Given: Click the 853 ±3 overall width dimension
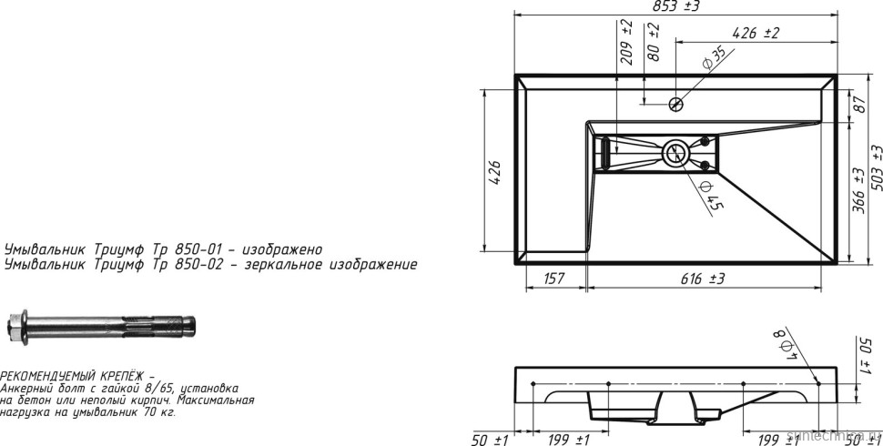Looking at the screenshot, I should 675,6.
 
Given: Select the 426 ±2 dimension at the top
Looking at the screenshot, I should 755,34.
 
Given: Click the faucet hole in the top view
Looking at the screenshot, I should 675,103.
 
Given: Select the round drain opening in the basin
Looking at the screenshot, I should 675,153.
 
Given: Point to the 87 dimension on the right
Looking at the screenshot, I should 858,106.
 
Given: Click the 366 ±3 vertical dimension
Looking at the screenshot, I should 858,189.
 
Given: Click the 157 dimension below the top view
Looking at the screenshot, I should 554,279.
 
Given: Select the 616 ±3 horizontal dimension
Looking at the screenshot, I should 702,279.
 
